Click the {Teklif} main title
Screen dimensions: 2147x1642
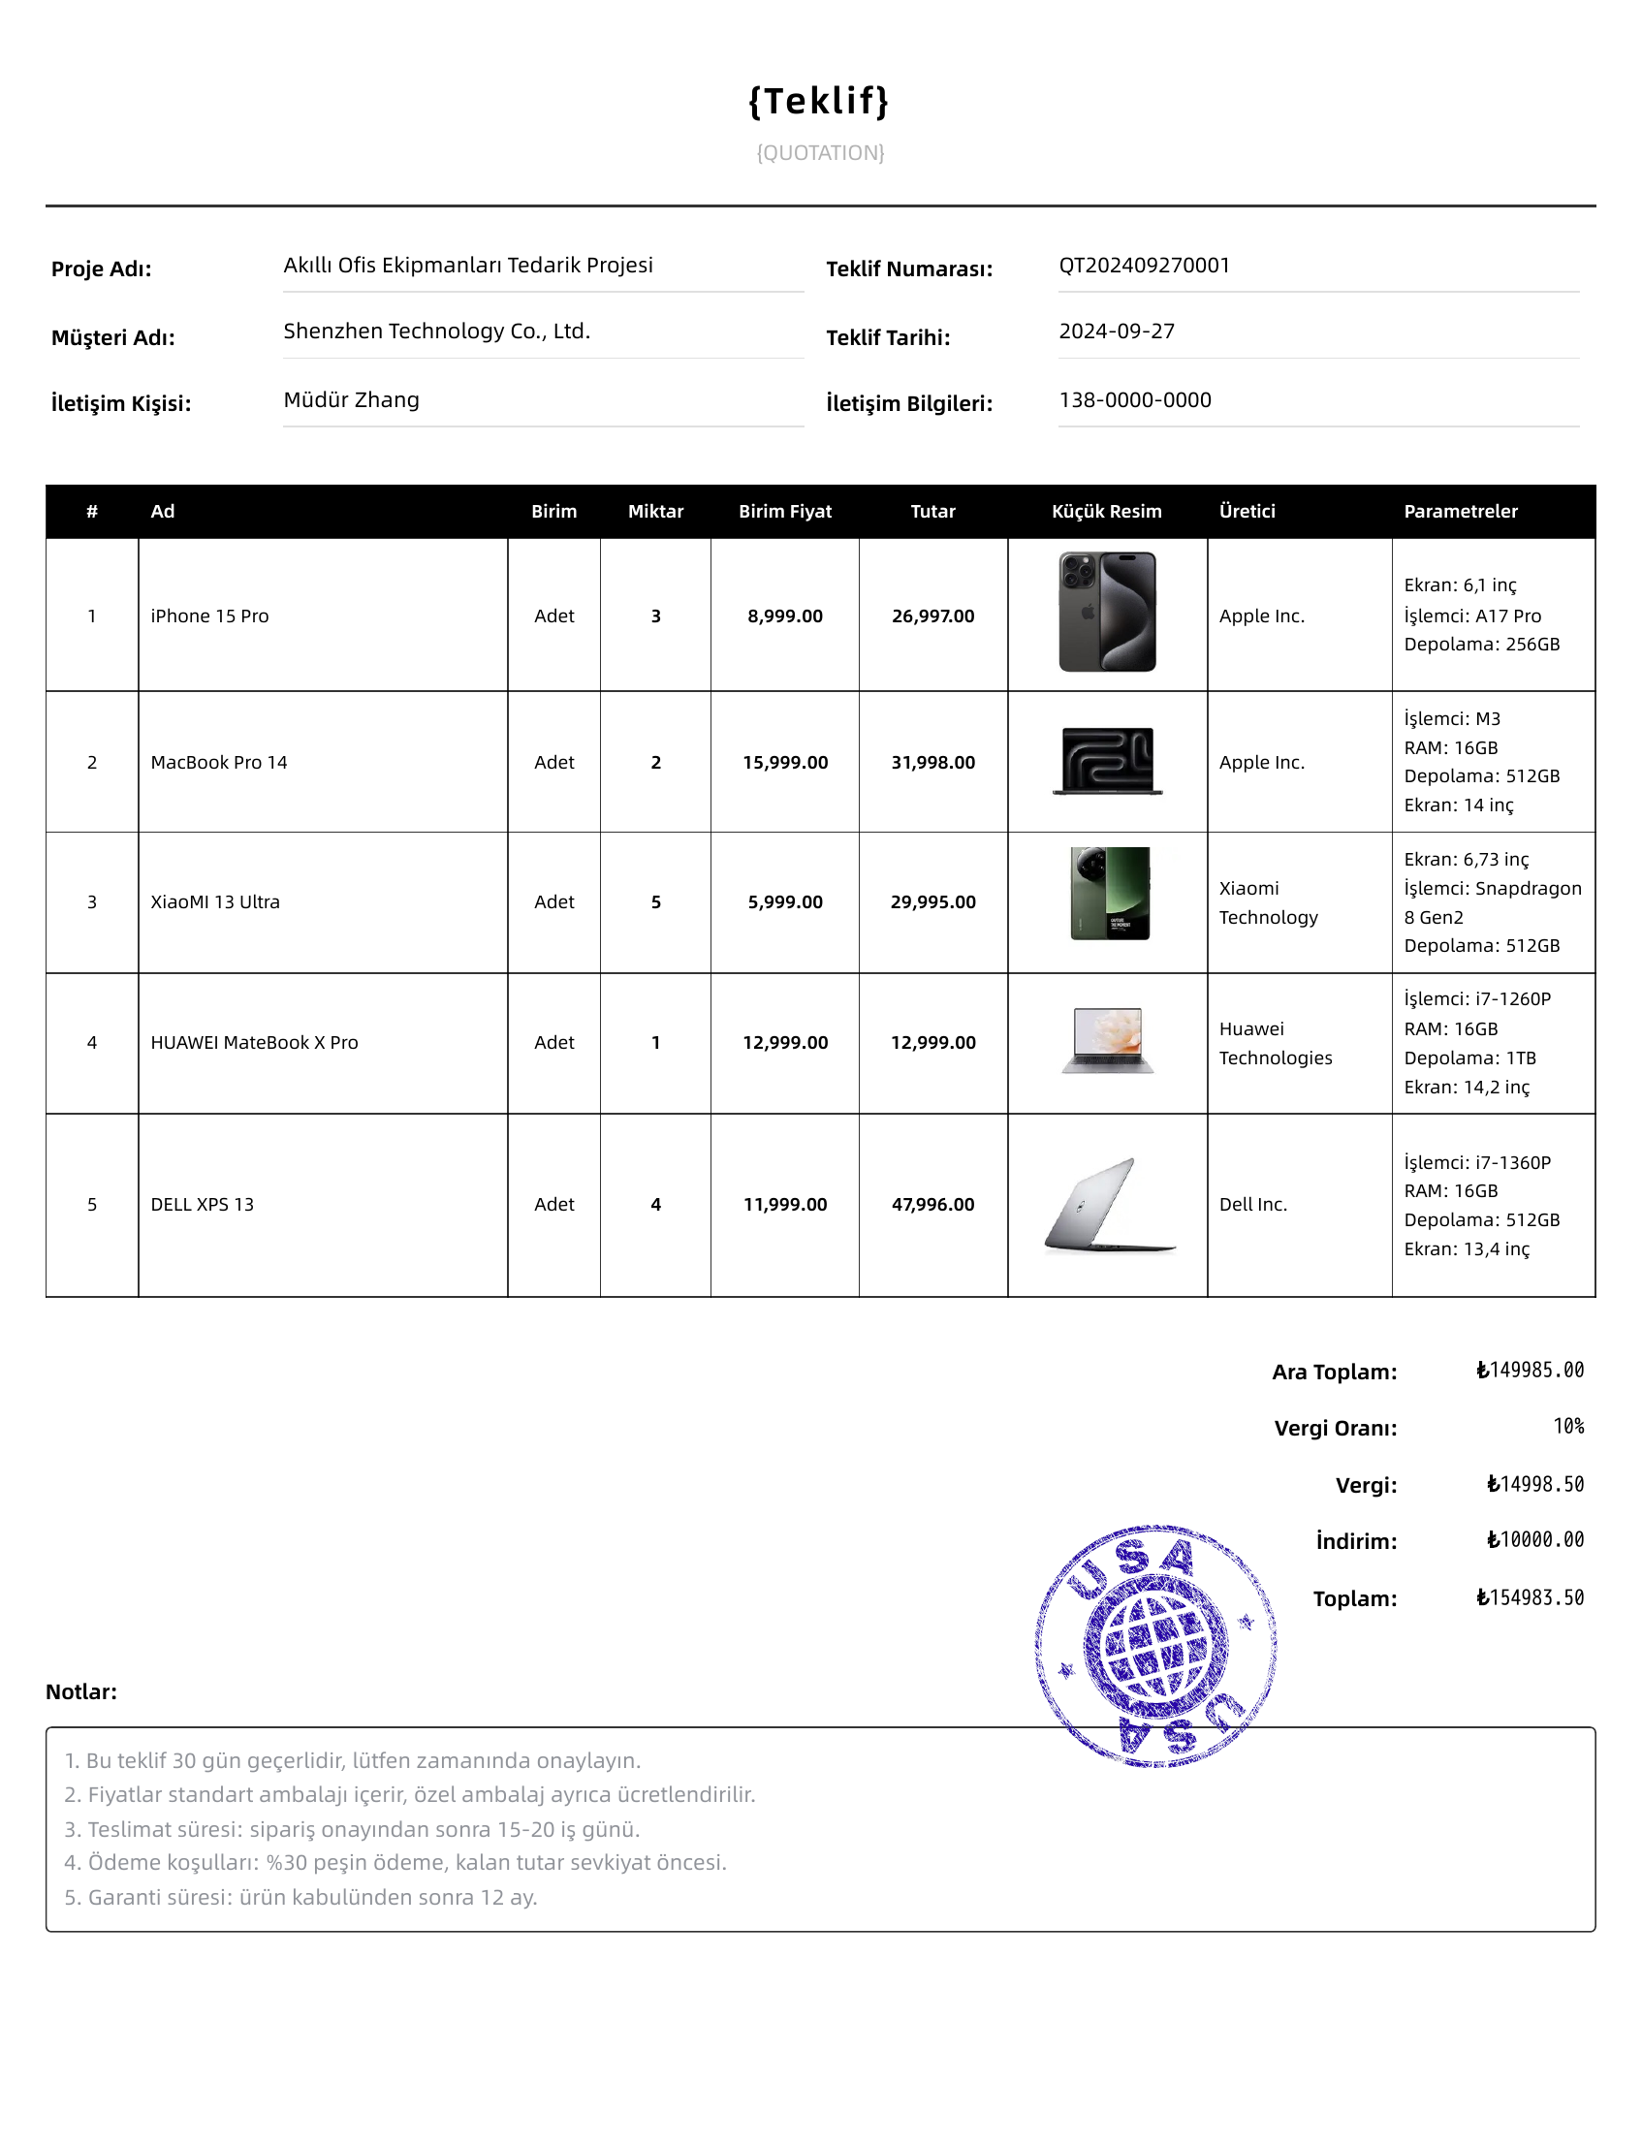coord(819,101)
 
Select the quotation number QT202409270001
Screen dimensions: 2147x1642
coord(1144,266)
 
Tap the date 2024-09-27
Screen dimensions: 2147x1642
coord(1117,332)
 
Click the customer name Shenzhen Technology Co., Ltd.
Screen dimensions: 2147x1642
coord(436,332)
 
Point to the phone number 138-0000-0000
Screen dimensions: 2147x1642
coord(1135,399)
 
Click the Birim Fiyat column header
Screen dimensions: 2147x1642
coord(785,511)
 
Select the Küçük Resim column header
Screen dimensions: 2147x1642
coord(1106,511)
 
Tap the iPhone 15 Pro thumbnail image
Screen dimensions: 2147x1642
coord(1107,612)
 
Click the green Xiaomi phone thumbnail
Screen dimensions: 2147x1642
coord(1109,893)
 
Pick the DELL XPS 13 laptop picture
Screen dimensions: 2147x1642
coord(1108,1204)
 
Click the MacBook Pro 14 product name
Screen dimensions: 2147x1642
coord(219,762)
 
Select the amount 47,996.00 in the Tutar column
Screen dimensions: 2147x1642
coord(932,1204)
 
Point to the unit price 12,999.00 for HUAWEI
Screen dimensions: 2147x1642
coord(785,1043)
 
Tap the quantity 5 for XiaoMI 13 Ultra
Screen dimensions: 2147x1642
coord(656,902)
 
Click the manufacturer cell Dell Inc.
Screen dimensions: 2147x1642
coord(1253,1204)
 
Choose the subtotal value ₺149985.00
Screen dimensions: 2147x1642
coord(1530,1370)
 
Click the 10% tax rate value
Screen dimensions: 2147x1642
coord(1567,1427)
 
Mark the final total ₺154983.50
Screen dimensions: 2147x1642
coord(1530,1597)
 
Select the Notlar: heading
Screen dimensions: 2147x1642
coord(81,1691)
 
